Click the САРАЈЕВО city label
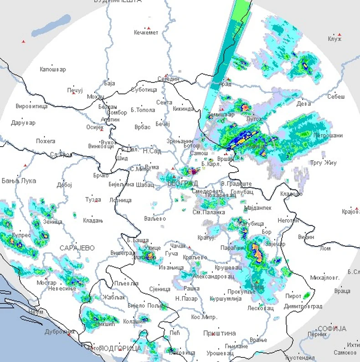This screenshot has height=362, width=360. (x=77, y=248)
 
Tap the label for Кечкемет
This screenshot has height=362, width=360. (x=146, y=32)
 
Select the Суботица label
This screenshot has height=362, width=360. (x=144, y=90)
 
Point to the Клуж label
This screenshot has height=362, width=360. (x=334, y=39)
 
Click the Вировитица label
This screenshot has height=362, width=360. (x=31, y=106)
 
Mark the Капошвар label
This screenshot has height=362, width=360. (x=53, y=70)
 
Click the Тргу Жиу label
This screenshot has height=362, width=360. (x=323, y=163)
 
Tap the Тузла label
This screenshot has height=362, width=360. (x=93, y=199)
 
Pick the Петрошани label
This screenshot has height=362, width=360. (x=328, y=136)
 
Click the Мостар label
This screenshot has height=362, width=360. (x=46, y=283)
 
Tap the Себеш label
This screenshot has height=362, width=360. (x=336, y=97)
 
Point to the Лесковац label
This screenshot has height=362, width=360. (x=260, y=308)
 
